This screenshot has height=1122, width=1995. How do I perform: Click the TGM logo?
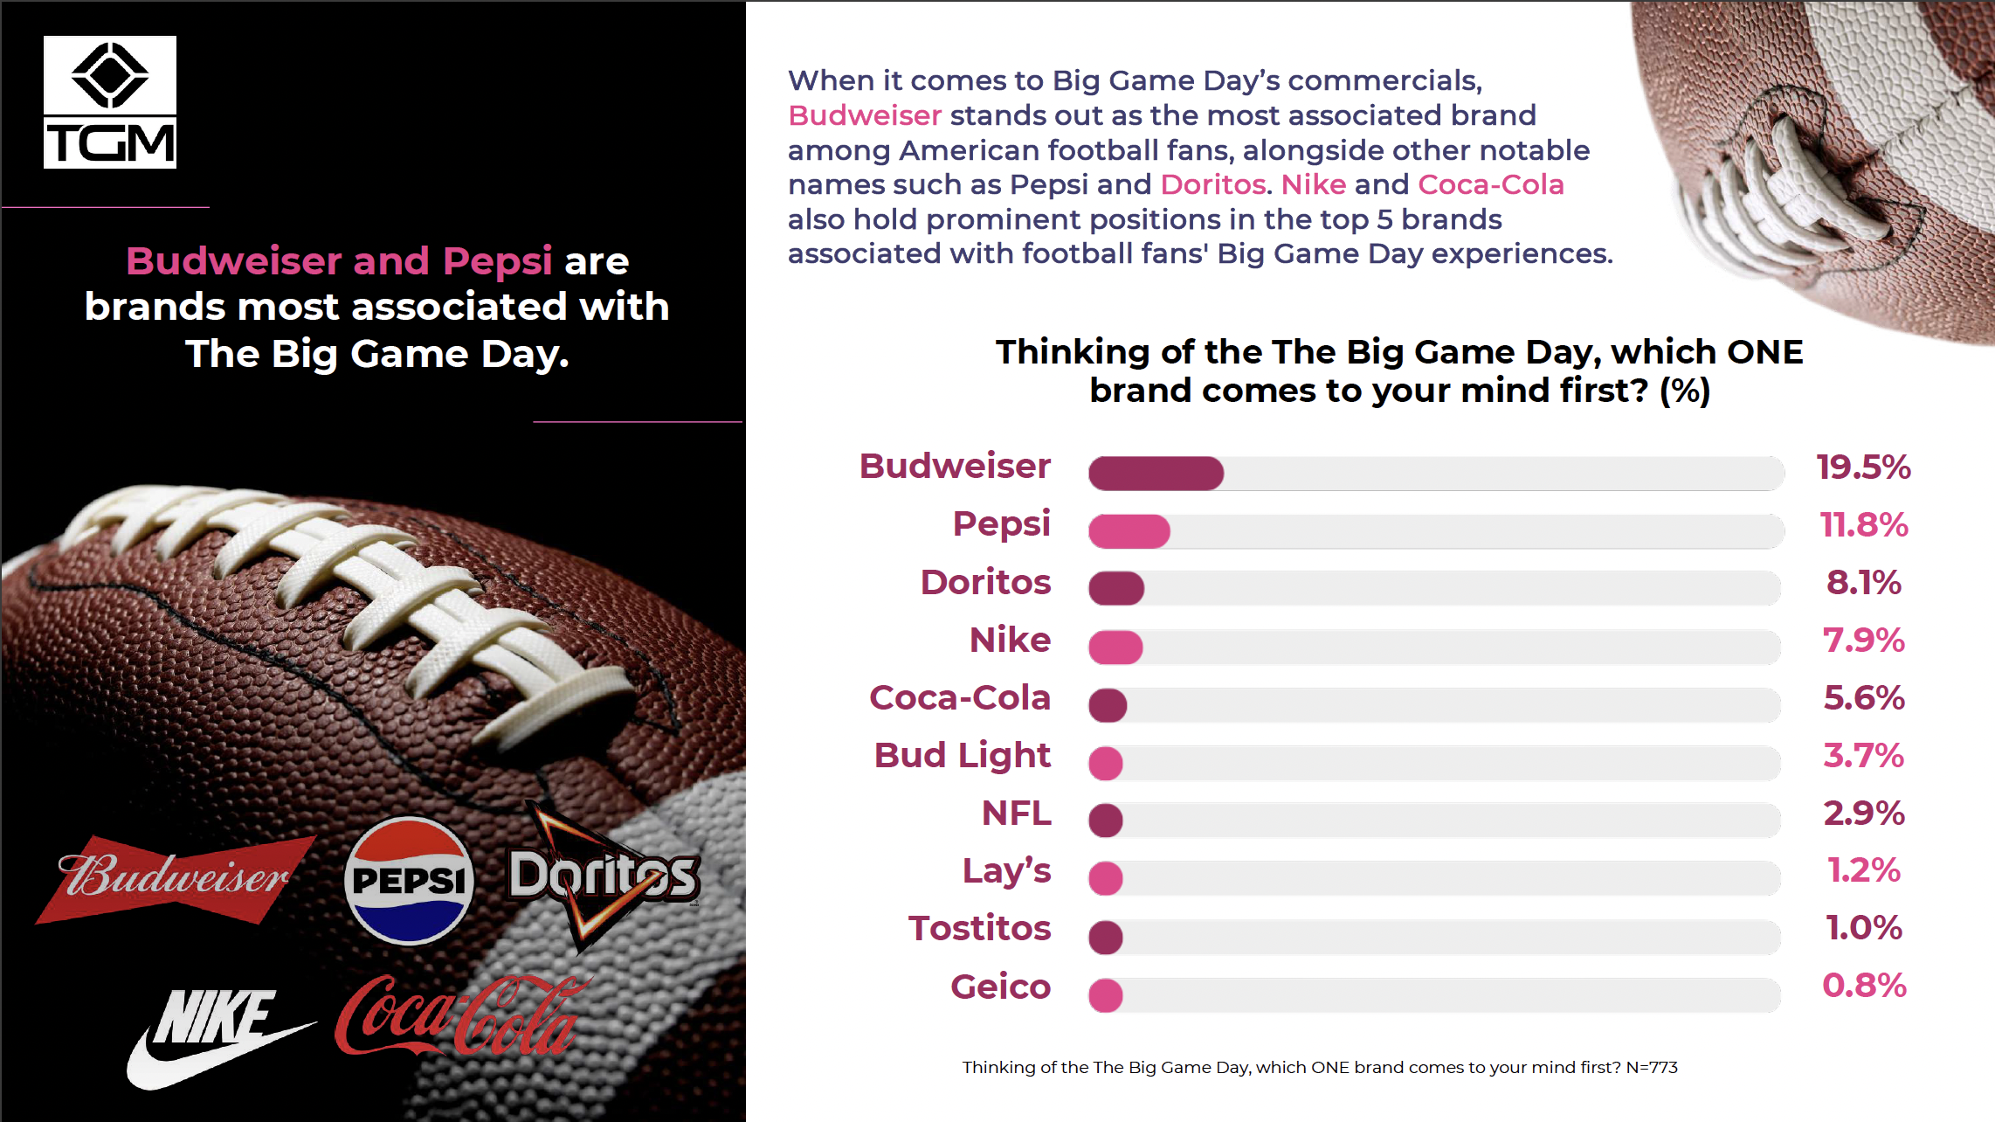coord(110,102)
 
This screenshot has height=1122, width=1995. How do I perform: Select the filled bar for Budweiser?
coord(1155,473)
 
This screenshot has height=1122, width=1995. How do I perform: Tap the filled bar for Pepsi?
coord(1129,531)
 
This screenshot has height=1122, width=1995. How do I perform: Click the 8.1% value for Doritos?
coord(1863,583)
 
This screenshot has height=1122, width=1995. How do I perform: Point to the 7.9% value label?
coord(1863,641)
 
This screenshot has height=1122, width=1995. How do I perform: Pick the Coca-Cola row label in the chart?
coord(959,698)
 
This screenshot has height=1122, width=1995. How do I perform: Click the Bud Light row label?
coord(962,756)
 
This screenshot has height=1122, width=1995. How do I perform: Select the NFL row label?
coord(1016,814)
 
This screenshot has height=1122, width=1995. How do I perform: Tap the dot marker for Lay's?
coord(1106,878)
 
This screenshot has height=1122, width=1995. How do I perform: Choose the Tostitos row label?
coord(979,929)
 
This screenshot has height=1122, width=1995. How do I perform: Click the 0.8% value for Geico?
coord(1863,986)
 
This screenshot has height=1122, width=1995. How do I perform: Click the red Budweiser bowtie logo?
coord(175,878)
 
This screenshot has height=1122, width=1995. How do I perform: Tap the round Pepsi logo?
coord(409,881)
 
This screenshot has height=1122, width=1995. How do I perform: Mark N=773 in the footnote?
coord(1651,1067)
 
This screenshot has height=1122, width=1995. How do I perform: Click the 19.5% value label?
coord(1863,467)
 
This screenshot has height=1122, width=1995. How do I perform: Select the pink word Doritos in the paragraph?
coord(1212,184)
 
